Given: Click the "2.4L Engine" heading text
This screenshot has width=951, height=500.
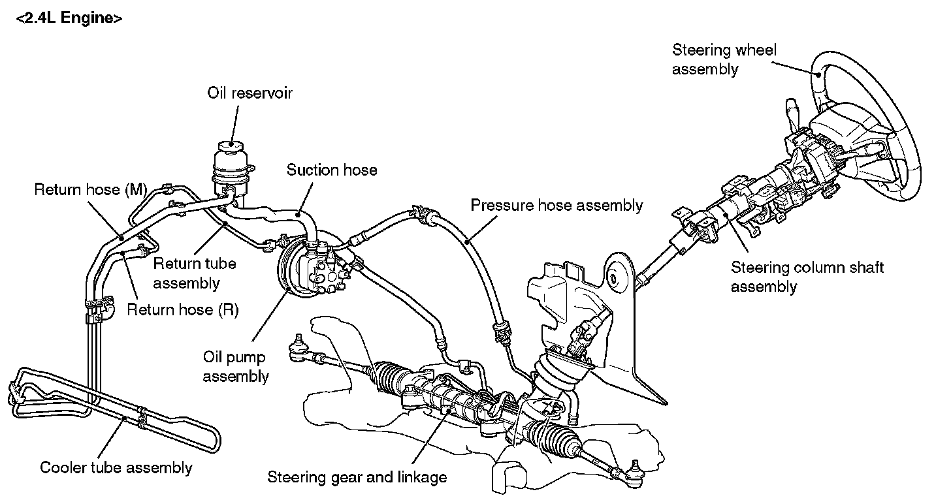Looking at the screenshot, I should coord(69,19).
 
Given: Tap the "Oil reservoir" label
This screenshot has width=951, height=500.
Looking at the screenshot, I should coord(250,93).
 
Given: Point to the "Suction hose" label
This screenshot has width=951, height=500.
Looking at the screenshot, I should coord(332,170).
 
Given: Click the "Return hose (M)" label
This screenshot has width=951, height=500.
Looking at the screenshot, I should coord(90,190).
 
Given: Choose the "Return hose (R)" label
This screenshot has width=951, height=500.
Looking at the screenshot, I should coord(182,309).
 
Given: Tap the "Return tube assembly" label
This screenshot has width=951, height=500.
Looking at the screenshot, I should coord(194,273).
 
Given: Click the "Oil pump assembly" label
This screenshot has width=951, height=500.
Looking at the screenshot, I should coord(236,367).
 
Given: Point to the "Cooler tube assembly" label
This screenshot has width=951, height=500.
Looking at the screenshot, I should coord(116,467).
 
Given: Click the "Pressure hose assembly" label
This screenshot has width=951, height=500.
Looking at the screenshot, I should coord(556,206).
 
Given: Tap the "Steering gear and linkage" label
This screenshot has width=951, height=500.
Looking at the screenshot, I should coord(357,477).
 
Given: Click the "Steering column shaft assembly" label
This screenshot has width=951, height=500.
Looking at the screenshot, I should coord(807,277).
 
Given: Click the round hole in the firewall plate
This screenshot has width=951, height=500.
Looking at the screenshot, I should coord(613,278).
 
